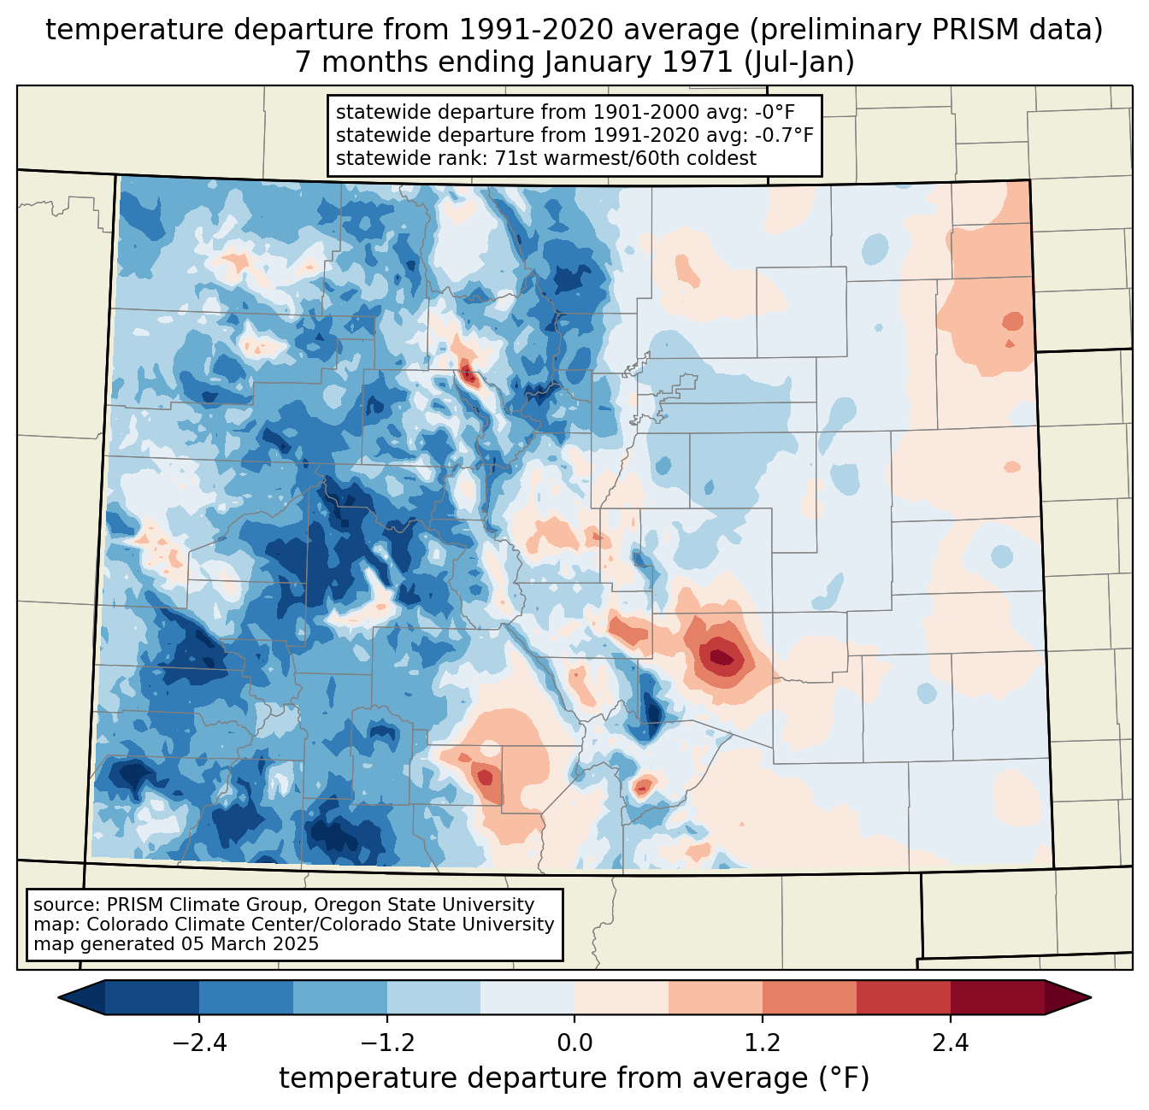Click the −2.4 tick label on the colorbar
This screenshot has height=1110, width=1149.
[x=198, y=1043]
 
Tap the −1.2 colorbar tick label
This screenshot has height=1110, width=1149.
[x=386, y=1043]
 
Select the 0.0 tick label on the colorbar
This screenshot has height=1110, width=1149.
[x=574, y=1043]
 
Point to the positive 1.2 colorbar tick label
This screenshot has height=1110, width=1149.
[x=763, y=1043]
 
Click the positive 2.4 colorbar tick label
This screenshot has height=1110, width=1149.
[x=951, y=1043]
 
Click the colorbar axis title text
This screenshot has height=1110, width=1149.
[x=574, y=1078]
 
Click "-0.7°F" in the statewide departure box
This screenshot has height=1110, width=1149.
[x=783, y=135]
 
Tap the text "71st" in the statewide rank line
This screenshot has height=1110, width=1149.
[x=514, y=158]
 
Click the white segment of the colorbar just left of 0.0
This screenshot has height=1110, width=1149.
[x=527, y=997]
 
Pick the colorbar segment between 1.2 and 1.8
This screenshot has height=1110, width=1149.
[x=810, y=997]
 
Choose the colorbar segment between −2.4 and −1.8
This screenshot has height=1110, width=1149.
[x=246, y=997]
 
